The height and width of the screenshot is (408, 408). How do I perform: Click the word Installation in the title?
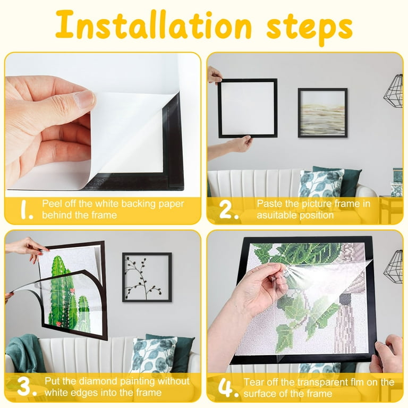[154, 25]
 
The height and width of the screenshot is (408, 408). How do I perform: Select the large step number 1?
[26, 209]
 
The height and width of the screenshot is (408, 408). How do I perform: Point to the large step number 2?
[228, 209]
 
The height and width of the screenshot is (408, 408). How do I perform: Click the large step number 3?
[26, 387]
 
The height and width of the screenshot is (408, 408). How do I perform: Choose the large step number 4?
[228, 388]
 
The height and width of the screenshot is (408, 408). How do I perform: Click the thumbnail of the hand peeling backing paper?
[103, 125]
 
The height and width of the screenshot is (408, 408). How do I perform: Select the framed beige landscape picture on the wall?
[322, 113]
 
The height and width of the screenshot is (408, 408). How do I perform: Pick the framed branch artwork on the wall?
[147, 277]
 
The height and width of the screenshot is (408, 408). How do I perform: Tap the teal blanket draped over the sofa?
[25, 353]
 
